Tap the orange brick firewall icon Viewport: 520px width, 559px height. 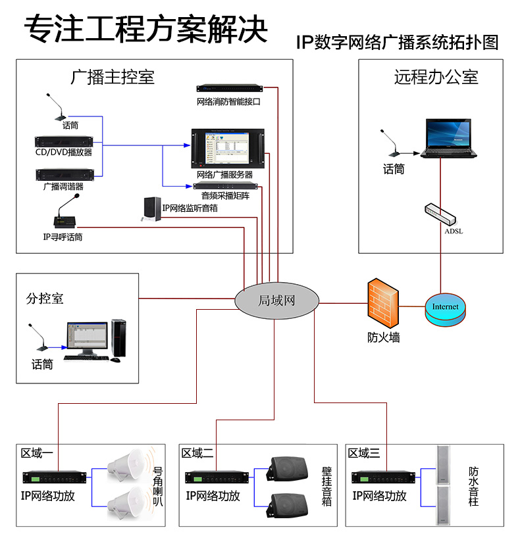384,304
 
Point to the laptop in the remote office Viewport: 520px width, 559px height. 450,139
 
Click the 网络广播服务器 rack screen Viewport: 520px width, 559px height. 228,148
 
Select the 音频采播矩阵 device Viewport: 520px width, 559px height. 226,186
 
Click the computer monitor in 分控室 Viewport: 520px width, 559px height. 86,337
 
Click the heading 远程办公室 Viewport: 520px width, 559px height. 436,78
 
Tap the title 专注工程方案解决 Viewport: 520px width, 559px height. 146,30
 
